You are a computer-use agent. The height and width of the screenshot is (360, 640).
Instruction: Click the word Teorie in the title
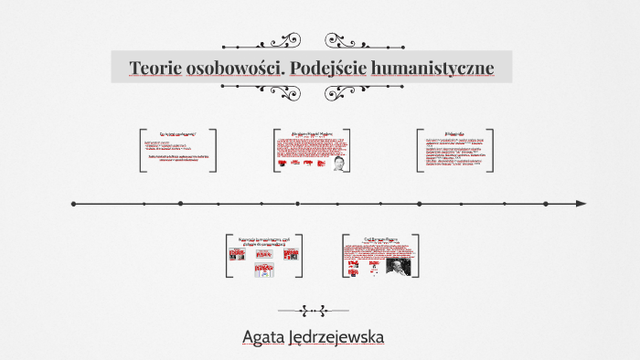pyautogui.click(x=155, y=69)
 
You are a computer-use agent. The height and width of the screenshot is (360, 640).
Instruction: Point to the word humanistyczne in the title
pyautogui.click(x=438, y=69)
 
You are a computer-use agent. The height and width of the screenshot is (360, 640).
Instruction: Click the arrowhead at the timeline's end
pyautogui.click(x=581, y=204)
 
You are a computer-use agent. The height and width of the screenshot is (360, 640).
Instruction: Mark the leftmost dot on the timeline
pyautogui.click(x=73, y=204)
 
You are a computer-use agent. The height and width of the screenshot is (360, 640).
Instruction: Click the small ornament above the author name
pyautogui.click(x=313, y=311)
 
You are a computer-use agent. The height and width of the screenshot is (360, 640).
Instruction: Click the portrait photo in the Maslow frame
pyautogui.click(x=339, y=165)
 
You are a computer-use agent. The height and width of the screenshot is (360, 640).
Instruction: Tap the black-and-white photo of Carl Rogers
pyautogui.click(x=399, y=266)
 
